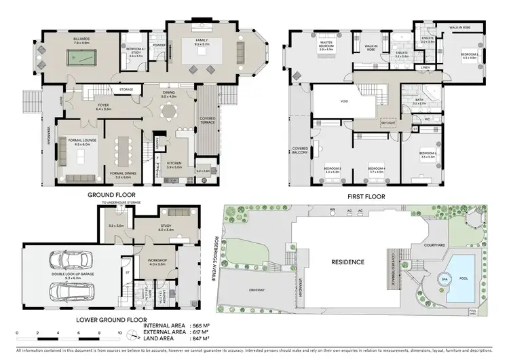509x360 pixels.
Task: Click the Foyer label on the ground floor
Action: [x=103, y=105]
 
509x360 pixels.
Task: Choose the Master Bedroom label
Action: [x=330, y=46]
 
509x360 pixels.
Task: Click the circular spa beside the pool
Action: [x=446, y=279]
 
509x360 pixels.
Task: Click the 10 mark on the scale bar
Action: [x=119, y=334]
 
